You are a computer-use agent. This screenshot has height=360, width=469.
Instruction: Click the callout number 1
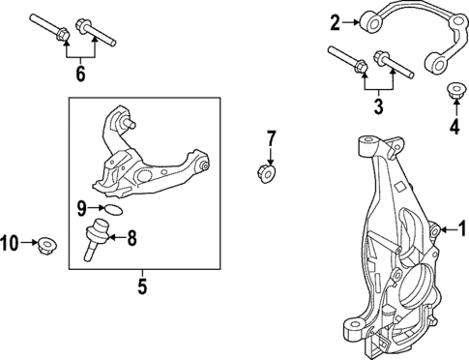(x=461, y=229)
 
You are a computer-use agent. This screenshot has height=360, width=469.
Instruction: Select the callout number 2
(x=336, y=21)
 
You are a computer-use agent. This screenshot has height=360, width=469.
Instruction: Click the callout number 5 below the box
(x=141, y=287)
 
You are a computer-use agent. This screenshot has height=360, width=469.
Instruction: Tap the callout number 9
(x=82, y=205)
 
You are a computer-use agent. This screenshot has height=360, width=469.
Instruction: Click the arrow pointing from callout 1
(x=447, y=229)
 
